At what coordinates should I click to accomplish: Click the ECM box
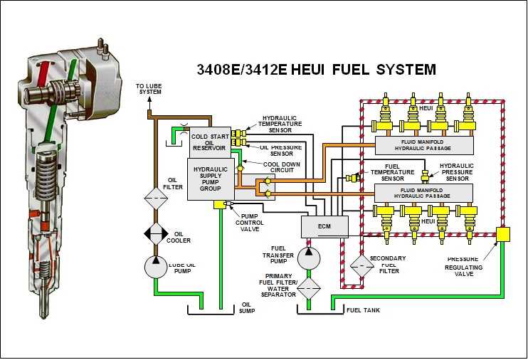[324, 227]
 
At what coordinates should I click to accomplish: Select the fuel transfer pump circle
[309, 257]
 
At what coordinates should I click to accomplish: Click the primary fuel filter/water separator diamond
[309, 287]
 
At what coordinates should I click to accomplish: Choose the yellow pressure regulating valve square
[504, 234]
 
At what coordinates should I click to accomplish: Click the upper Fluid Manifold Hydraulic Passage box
[423, 146]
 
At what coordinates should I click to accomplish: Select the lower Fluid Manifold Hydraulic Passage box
[423, 193]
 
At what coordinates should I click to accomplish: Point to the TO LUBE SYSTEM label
[149, 88]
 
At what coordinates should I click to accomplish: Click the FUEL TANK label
[364, 310]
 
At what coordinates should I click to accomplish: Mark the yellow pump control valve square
[219, 205]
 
